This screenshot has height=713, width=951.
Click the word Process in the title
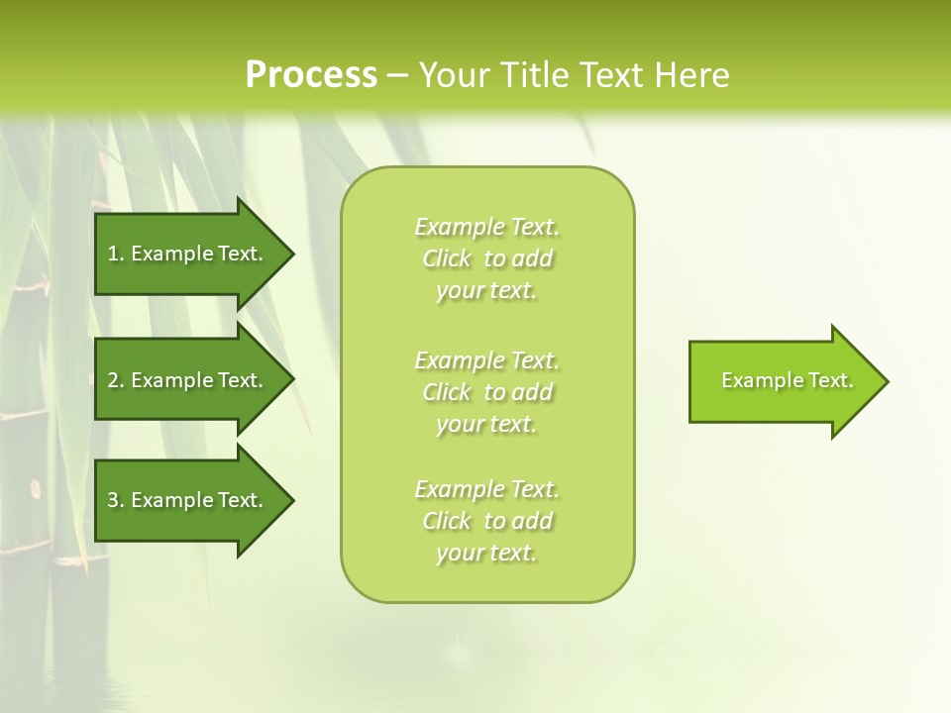point(311,75)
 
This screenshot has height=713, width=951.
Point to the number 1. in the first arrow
point(116,254)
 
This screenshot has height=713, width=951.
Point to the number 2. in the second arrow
point(116,380)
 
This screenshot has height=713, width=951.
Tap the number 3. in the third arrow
point(116,500)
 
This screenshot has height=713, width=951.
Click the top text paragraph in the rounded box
point(487,258)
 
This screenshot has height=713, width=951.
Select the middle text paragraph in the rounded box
point(487,392)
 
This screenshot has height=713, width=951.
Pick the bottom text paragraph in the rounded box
point(487,521)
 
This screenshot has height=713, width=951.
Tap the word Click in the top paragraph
point(447,258)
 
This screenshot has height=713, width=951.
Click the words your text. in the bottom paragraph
point(486,553)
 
